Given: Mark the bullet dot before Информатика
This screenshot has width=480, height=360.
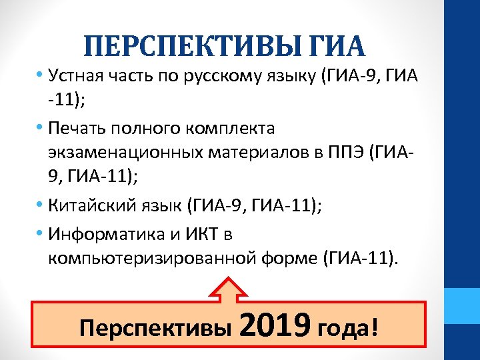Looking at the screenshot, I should point(41,235).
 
